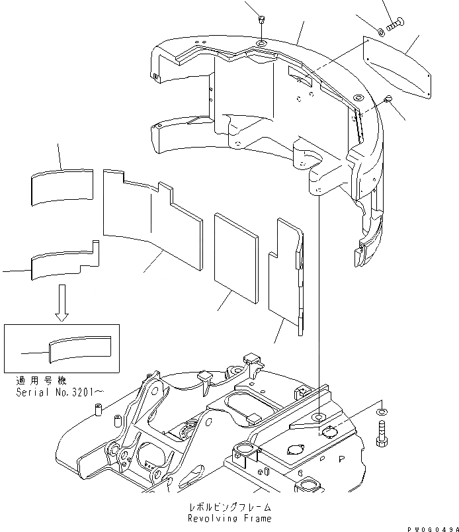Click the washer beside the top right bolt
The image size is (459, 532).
click(383, 31)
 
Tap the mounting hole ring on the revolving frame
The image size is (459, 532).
click(319, 416)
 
